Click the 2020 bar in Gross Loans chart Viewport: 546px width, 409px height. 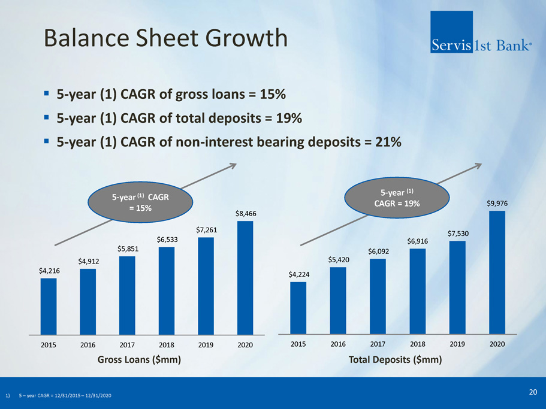coord(245,278)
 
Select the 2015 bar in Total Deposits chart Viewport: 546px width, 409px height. coord(298,308)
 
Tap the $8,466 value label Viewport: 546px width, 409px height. coord(246,214)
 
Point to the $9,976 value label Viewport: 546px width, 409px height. coord(497,204)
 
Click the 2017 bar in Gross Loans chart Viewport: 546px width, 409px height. coord(127,296)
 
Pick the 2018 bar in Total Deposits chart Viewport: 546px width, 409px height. coord(418,292)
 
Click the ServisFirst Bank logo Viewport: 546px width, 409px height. coord(481,32)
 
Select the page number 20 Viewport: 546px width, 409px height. coord(533,392)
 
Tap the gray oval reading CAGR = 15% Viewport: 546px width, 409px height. coord(140,202)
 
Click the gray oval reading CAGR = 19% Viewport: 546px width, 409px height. coord(397,198)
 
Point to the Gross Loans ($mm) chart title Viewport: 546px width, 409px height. coord(139,359)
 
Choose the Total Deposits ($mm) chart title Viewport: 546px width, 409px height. coord(395,359)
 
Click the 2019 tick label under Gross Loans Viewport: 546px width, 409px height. coord(206,345)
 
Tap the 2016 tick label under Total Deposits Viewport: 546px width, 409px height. coord(338,344)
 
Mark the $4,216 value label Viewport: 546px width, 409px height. coord(49,271)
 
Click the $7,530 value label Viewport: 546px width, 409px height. coord(458,234)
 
